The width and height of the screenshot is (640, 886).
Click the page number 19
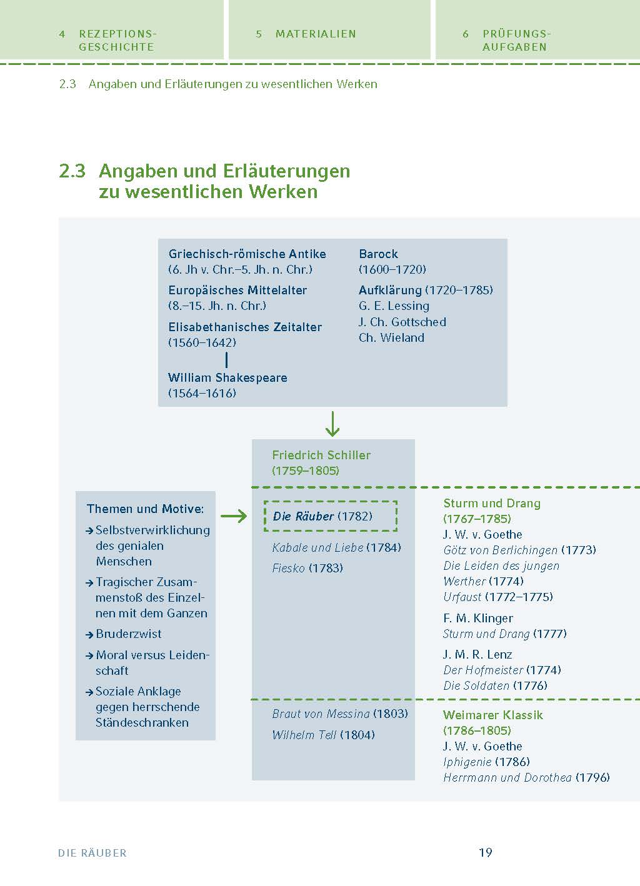pos(485,852)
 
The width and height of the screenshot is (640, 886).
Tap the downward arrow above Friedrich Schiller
pos(332,423)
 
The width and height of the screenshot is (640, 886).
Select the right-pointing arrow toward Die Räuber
pos(234,516)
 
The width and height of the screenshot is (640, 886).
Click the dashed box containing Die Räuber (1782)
pos(330,516)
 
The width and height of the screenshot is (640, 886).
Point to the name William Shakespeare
pos(227,377)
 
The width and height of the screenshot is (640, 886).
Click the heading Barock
pos(378,254)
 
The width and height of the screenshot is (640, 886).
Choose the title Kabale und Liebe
pos(317,547)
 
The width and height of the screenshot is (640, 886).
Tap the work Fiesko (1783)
pos(307,568)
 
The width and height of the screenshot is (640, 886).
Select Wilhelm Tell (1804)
pos(323,735)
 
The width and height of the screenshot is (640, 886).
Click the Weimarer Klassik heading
pos(492,715)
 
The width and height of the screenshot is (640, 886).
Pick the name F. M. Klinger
pos(477,618)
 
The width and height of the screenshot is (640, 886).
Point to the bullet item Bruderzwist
pos(128,634)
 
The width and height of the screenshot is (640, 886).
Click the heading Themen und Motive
pos(145,509)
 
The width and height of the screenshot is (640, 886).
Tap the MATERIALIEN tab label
pos(315,34)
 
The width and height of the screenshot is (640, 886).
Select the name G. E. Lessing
pos(394,306)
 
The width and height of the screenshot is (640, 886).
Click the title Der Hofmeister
pos(483,670)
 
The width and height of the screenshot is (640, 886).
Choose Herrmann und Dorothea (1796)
pos(526,777)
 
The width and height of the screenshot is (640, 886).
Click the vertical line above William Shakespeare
pos(226,360)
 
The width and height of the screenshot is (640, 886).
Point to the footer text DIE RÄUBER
pos(92,853)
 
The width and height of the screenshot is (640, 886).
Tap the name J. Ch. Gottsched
pos(402,322)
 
